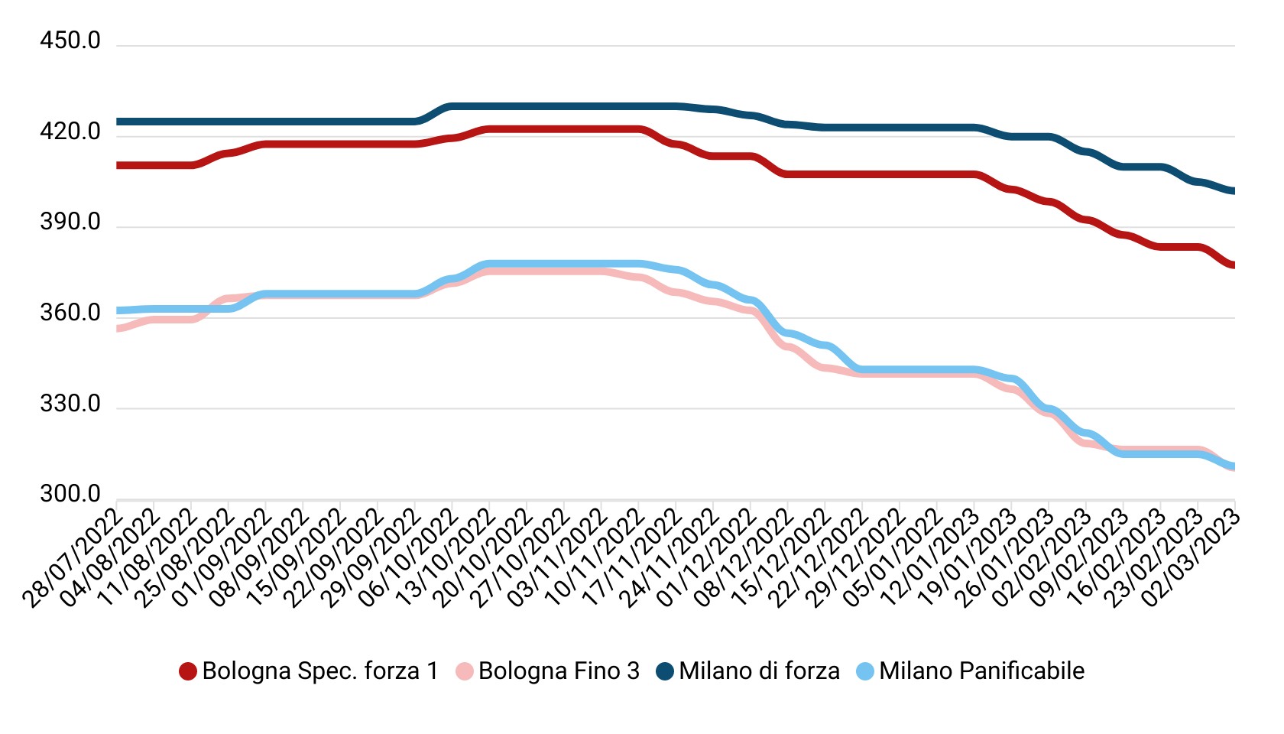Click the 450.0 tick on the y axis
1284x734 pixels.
(70, 41)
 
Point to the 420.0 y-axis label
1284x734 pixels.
(70, 132)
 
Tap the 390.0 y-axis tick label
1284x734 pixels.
(70, 222)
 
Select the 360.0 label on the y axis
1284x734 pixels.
(70, 313)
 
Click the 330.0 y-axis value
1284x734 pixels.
(70, 404)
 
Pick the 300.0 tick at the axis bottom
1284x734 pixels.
(70, 494)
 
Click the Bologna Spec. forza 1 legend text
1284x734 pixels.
(320, 671)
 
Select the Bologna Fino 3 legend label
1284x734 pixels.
(559, 671)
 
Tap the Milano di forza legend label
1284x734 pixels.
(759, 671)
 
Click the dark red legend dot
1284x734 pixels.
(188, 671)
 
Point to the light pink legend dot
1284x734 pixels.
(465, 671)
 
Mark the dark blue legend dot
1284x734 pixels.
(665, 671)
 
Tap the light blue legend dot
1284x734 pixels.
(865, 671)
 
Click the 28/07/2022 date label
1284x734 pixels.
(73, 558)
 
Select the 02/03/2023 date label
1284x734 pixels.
(1191, 558)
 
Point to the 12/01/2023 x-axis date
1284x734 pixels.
(930, 558)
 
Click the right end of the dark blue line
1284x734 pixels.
(1233, 191)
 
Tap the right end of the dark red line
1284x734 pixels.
(1233, 265)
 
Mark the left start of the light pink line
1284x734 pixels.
(118, 329)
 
